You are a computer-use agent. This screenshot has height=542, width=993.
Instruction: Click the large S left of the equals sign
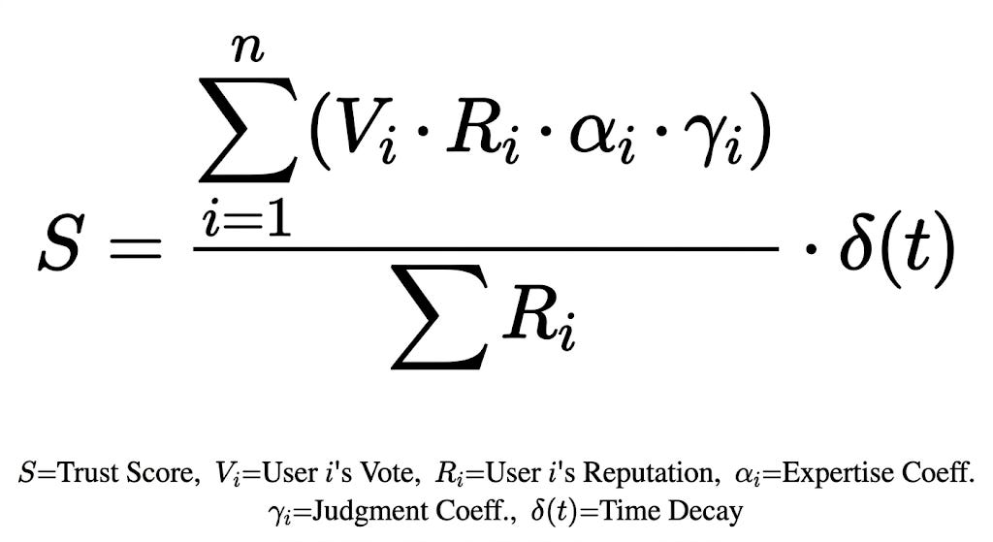click(61, 244)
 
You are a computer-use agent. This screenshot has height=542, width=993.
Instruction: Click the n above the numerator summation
click(247, 48)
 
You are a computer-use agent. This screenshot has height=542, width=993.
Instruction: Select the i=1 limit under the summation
click(246, 219)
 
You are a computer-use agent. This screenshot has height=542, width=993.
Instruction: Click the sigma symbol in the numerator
click(247, 131)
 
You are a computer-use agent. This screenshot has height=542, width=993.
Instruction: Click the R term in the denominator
click(539, 320)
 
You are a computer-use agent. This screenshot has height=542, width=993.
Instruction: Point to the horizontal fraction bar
click(486, 249)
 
